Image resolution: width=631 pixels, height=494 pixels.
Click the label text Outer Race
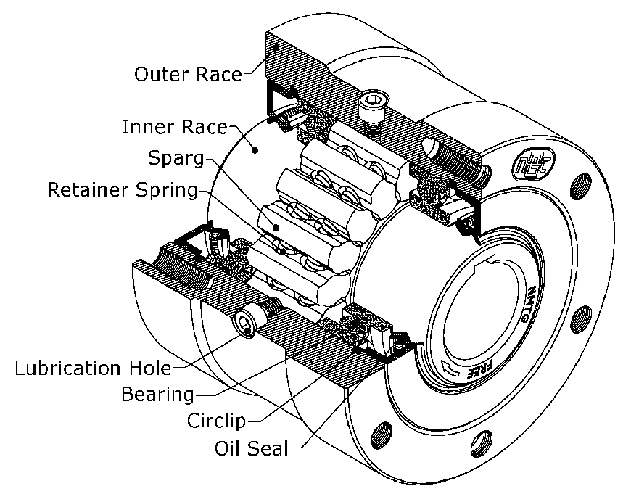tap(187, 74)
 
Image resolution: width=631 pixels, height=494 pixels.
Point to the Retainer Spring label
tap(123, 190)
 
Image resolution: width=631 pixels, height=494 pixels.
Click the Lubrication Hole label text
tap(93, 367)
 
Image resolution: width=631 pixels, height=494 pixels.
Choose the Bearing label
tap(157, 395)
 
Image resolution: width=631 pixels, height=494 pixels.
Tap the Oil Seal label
tap(250, 448)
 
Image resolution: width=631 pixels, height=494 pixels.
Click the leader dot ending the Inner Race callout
tap(255, 150)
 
